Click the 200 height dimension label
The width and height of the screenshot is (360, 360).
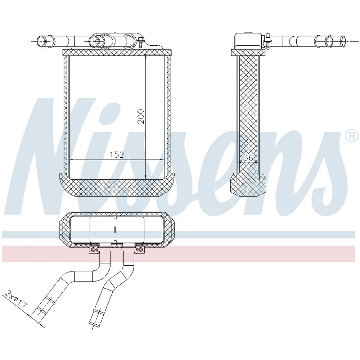141,116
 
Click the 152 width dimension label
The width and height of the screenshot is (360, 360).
116,155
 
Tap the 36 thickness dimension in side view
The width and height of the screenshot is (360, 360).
248,158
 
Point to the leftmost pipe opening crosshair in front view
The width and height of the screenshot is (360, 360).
41,41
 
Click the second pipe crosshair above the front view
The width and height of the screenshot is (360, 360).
94,41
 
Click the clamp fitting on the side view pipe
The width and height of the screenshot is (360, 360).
267,41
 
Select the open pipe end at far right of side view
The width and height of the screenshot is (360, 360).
344,41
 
